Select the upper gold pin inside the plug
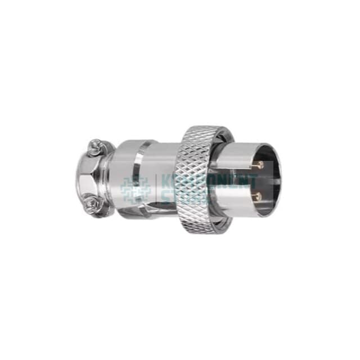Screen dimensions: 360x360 point(258,165)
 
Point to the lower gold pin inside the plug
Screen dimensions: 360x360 point(258,196)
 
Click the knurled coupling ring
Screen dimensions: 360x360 point(199,180)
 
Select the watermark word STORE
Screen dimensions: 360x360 point(180,197)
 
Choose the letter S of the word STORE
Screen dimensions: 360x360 point(166,197)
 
